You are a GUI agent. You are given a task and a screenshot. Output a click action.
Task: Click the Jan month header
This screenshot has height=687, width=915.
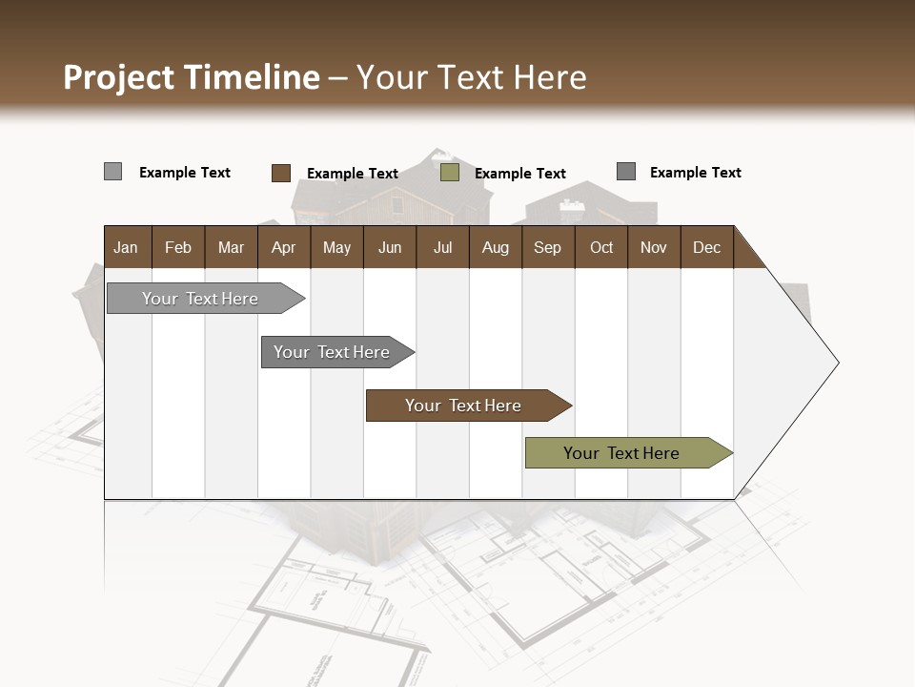click(x=126, y=247)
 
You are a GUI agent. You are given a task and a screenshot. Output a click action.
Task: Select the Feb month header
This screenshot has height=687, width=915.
click(x=178, y=247)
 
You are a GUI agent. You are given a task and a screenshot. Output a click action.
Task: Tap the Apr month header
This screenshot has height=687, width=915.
click(x=283, y=247)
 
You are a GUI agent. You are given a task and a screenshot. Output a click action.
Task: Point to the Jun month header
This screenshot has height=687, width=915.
click(x=390, y=247)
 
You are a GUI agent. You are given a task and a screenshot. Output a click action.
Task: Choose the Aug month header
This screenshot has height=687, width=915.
click(x=495, y=247)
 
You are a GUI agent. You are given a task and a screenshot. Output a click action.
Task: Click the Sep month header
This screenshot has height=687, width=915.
click(x=547, y=247)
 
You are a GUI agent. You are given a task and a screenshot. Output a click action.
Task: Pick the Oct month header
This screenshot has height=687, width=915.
click(x=601, y=247)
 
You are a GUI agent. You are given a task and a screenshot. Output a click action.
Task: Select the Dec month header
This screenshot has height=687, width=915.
click(x=706, y=247)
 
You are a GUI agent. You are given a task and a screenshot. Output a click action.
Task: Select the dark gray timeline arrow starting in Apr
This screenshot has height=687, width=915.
click(x=332, y=352)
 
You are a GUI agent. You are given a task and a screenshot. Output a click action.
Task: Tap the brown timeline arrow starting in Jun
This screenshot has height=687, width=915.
click(x=463, y=406)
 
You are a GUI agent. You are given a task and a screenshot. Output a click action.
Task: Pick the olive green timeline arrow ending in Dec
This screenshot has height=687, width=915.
click(x=621, y=453)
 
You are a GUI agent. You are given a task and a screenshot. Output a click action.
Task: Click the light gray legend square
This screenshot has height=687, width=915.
click(x=112, y=172)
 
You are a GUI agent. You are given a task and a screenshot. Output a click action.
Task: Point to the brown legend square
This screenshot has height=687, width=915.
click(x=280, y=173)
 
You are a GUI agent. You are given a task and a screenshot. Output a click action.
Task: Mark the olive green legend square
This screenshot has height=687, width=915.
click(x=450, y=173)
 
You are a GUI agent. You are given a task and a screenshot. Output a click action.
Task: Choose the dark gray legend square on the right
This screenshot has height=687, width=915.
click(x=625, y=172)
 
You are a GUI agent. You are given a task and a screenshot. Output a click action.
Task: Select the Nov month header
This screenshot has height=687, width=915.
click(x=653, y=247)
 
